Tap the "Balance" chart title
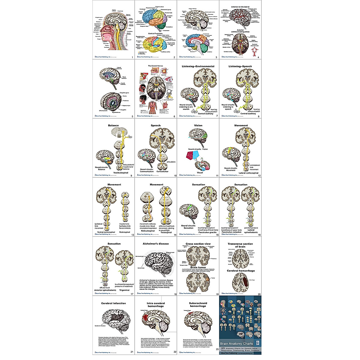113,125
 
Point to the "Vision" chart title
198,125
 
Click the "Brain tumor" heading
198,267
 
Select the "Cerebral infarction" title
113,303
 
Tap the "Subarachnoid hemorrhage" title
198,305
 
